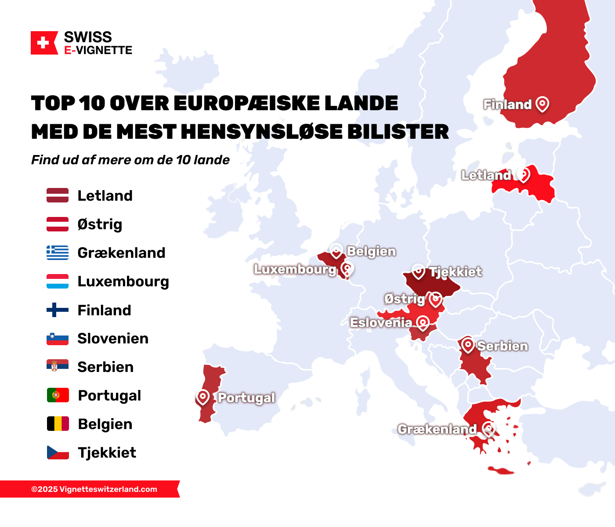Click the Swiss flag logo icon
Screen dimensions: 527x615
44,43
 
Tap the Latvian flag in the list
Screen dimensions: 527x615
58,195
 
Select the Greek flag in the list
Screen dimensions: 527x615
58,253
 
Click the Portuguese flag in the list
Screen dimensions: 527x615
58,395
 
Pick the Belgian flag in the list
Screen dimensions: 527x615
58,424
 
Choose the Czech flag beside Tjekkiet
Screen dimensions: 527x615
58,452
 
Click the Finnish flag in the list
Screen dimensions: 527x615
58,310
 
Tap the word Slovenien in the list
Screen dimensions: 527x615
113,339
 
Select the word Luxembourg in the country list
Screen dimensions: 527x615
123,282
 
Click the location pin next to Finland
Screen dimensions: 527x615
543,104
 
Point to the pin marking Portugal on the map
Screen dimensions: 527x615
203,397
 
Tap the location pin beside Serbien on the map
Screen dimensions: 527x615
468,345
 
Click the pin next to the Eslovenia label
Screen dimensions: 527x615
423,323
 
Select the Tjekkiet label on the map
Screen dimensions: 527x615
456,272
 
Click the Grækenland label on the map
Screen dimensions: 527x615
437,429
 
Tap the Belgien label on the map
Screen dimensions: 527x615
371,251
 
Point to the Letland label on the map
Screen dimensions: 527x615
486,175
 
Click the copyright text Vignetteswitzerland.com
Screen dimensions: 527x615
94,489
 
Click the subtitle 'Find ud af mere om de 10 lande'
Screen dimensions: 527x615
130,160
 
